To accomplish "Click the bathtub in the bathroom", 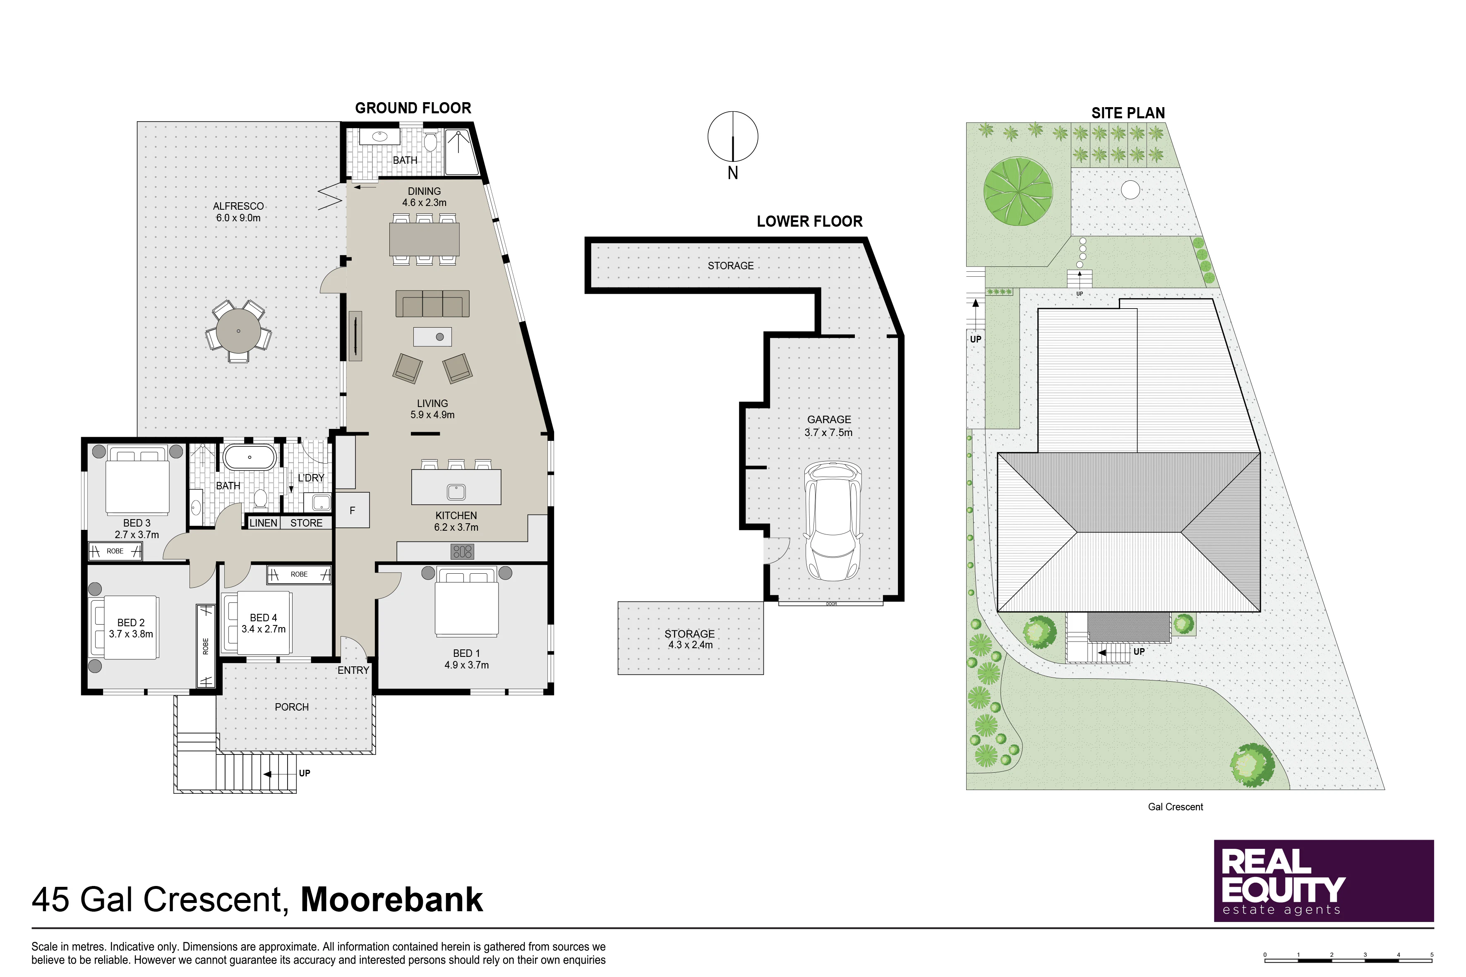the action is point(250,457).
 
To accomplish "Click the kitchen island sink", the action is point(456,492).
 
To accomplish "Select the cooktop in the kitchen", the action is point(463,551).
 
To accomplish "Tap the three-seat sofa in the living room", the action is point(432,304).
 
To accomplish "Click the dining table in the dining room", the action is point(425,239).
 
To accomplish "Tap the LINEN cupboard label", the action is point(263,523).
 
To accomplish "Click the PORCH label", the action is point(292,707).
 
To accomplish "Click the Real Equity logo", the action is point(1324,881).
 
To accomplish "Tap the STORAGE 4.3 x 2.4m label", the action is point(690,639).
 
